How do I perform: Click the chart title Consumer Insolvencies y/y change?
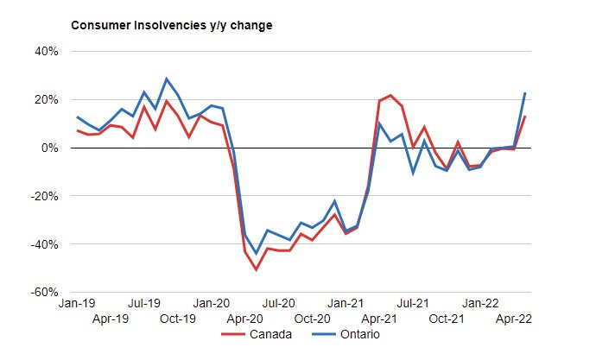(x=171, y=25)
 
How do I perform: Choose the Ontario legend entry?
(x=358, y=335)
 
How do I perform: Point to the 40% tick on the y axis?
(x=46, y=51)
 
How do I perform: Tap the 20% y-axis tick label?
(x=46, y=99)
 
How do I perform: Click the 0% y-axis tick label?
(x=49, y=148)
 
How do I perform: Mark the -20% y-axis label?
(x=44, y=196)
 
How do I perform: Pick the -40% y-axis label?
(x=44, y=244)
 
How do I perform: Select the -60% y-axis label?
(x=44, y=293)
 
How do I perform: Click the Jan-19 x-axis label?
(x=78, y=304)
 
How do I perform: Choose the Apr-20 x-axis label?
(x=245, y=318)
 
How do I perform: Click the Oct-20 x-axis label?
(x=312, y=318)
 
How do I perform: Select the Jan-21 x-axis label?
(x=346, y=304)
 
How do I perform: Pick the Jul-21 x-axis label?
(x=413, y=304)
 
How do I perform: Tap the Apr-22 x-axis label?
(x=513, y=318)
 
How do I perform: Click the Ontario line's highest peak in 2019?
(x=167, y=79)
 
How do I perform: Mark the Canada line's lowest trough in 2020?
(x=257, y=270)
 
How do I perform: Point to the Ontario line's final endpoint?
(x=525, y=93)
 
